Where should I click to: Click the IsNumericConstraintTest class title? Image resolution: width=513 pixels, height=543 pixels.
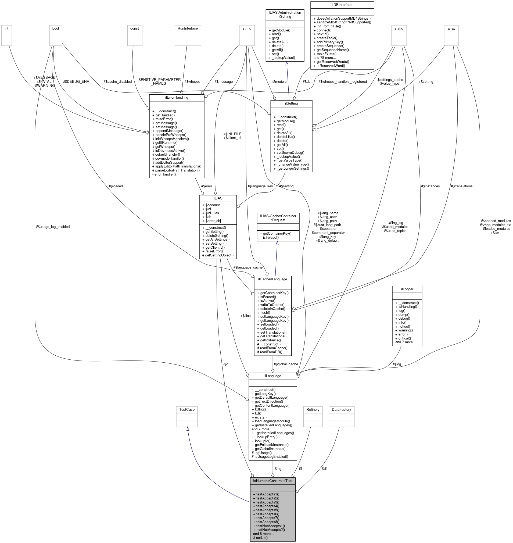pyautogui.click(x=272, y=481)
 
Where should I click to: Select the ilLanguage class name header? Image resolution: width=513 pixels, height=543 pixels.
pyautogui.click(x=272, y=376)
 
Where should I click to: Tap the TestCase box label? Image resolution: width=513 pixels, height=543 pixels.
pyautogui.click(x=187, y=409)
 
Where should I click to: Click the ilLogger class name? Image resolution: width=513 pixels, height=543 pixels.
pyautogui.click(x=407, y=289)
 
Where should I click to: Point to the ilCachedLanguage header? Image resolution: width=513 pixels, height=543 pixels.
pyautogui.click(x=272, y=279)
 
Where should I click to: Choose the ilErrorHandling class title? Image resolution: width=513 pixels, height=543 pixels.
pyautogui.click(x=176, y=97)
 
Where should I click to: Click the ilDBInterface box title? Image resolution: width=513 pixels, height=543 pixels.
pyautogui.click(x=342, y=5)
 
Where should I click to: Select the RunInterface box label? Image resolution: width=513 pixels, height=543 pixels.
pyautogui.click(x=188, y=28)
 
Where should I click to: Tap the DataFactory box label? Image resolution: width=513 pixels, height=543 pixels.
pyautogui.click(x=341, y=409)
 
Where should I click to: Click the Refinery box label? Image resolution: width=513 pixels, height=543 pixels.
pyautogui.click(x=313, y=409)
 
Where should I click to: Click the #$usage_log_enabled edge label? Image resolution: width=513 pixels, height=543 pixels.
pyautogui.click(x=53, y=227)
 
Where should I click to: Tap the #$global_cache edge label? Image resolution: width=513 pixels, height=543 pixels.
pyautogui.click(x=286, y=364)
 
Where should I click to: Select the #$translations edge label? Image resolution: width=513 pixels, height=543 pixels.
pyautogui.click(x=462, y=186)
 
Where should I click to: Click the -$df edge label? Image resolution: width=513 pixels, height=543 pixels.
pyautogui.click(x=324, y=469)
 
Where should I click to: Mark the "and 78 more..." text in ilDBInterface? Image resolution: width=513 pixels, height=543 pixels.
pyautogui.click(x=325, y=58)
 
